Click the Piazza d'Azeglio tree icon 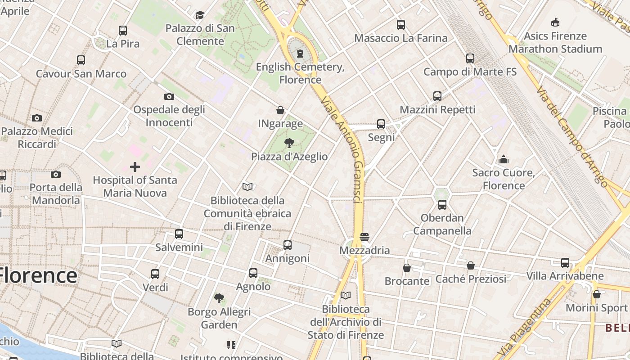point(289,143)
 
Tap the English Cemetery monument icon point(300,54)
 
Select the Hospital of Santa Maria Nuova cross point(135,167)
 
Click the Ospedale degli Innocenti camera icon point(169,96)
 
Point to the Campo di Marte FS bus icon point(470,58)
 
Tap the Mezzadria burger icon point(364,237)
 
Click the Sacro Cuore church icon point(504,159)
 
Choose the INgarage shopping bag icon point(280,110)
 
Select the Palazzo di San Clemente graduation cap point(200,15)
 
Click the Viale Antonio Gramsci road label point(342,148)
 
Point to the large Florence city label point(39,275)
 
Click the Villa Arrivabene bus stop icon point(565,263)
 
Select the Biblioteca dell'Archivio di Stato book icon point(346,296)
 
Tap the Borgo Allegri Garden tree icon point(219,298)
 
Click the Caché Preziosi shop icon point(471,265)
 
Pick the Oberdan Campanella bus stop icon point(442,205)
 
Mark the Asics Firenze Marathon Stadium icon point(555,22)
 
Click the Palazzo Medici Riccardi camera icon point(37,118)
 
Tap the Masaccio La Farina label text point(401,38)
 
